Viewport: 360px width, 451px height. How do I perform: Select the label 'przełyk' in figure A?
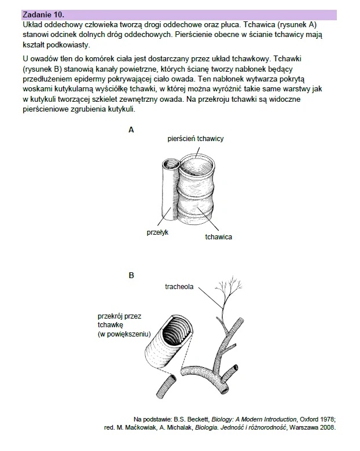click(x=156, y=232)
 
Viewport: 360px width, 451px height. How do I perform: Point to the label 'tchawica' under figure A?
click(x=218, y=237)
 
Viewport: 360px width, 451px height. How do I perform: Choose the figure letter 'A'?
click(x=131, y=130)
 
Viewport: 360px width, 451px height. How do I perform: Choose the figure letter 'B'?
click(x=131, y=276)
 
